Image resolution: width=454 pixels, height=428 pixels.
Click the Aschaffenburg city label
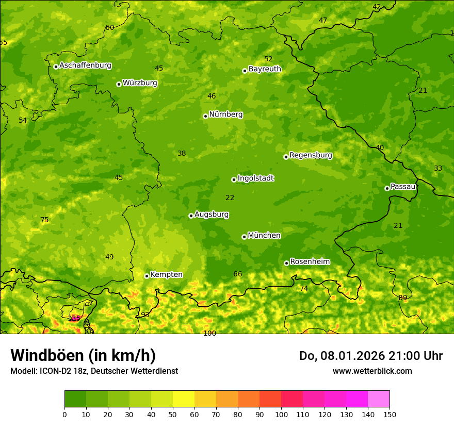coord(85,65)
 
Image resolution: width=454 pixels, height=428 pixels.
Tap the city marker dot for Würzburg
coord(119,84)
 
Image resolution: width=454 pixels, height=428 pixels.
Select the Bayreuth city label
coord(265,69)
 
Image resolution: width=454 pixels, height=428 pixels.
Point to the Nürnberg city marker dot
coord(205,116)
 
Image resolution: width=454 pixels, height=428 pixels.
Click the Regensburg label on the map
coord(311,155)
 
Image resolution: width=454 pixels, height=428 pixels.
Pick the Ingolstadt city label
coord(255,178)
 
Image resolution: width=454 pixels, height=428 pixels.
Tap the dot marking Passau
coord(387,188)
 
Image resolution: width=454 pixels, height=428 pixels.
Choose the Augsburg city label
coord(212,215)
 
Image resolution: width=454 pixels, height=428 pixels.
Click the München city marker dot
coord(244,237)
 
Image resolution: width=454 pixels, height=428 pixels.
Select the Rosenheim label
coord(310,261)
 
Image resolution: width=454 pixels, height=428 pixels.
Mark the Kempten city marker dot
coord(147,276)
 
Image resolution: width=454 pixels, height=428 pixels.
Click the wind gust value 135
coord(74,318)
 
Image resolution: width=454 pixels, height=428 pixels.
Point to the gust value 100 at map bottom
coord(209,333)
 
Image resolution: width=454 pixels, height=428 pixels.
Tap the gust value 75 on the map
coord(44,220)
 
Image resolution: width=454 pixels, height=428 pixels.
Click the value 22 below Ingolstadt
coord(230,197)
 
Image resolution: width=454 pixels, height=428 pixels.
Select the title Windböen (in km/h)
coord(83,355)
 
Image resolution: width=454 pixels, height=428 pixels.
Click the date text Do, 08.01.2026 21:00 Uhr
coord(370,356)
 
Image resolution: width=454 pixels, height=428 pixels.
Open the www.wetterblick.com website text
coord(372,371)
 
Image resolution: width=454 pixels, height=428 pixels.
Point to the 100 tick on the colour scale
coord(281,414)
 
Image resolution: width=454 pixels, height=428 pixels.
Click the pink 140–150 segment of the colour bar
coord(379,399)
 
